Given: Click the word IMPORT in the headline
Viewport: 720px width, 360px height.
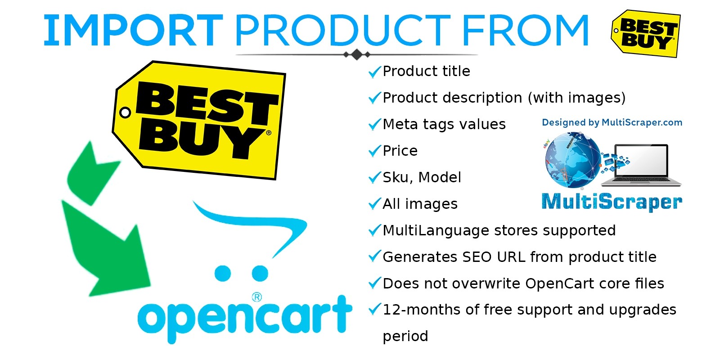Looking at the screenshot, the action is [x=133, y=31].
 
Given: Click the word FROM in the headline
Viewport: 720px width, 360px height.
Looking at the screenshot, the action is [x=526, y=31].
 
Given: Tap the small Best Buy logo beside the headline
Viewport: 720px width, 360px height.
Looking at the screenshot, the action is [x=645, y=34].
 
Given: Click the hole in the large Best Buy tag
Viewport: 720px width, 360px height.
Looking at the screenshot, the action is [x=125, y=112].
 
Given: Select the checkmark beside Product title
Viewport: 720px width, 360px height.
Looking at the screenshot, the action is [x=374, y=72].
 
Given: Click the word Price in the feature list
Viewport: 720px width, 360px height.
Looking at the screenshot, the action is [x=400, y=151].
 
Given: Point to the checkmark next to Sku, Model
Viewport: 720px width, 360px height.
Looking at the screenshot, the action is [x=374, y=178].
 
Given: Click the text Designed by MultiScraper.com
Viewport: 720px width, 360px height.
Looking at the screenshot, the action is [x=612, y=122].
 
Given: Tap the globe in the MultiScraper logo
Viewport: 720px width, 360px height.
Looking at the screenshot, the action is [x=572, y=160].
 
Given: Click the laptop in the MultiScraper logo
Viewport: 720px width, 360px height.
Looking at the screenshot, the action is [x=641, y=166].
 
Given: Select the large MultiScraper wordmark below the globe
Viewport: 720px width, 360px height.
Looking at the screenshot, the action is [x=612, y=202].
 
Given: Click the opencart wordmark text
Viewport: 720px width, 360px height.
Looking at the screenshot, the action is [x=245, y=318].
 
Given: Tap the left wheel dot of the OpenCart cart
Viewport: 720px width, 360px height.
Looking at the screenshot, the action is [x=223, y=273].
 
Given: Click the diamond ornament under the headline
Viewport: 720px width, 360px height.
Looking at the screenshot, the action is [x=357, y=54].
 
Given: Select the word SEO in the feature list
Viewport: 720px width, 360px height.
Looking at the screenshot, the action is [x=477, y=257].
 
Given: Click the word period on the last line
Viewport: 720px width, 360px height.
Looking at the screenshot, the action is [x=405, y=337].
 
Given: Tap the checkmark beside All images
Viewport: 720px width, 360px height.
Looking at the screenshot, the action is [x=374, y=204].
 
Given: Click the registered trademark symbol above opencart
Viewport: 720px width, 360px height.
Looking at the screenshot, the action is [x=256, y=297].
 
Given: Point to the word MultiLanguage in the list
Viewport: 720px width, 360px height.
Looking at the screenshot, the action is [x=436, y=231].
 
